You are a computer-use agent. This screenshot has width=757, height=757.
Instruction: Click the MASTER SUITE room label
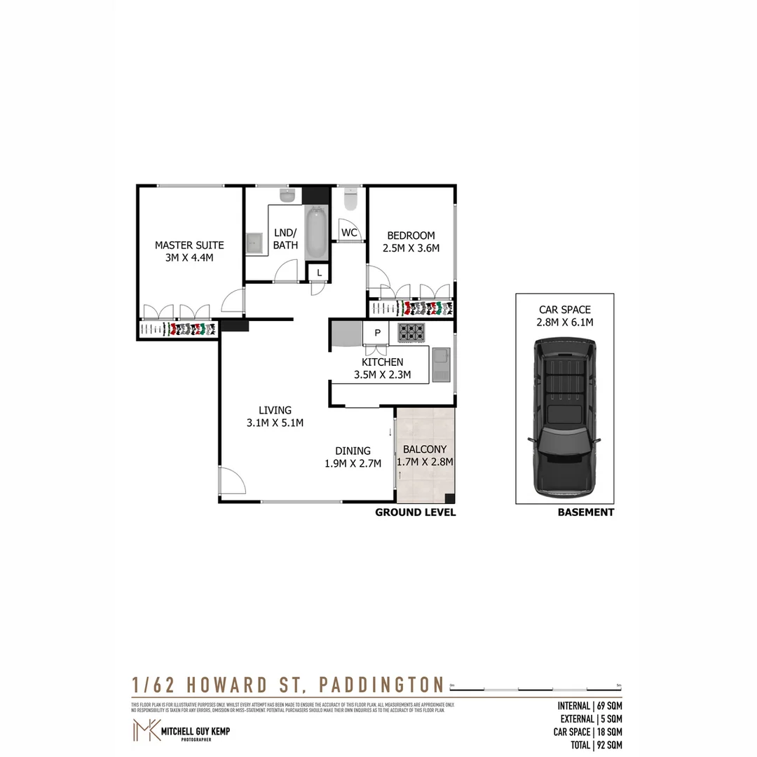189,245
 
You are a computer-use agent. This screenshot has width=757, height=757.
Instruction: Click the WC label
350,233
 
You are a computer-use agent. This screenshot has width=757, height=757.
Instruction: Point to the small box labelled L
319,273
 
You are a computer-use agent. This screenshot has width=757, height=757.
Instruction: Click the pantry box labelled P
377,333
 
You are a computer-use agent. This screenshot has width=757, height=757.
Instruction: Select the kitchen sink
441,364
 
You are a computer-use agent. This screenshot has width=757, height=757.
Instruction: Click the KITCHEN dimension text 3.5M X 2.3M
382,375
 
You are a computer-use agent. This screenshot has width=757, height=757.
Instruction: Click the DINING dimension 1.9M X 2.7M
353,463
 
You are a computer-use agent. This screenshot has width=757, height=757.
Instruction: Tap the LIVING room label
275,410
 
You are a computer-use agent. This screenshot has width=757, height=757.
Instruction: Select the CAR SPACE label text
564,309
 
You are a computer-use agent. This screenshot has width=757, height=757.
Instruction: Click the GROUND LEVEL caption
415,512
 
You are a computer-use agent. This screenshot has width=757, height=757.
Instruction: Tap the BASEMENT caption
585,512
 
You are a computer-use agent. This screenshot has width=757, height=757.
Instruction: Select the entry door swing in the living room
233,482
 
